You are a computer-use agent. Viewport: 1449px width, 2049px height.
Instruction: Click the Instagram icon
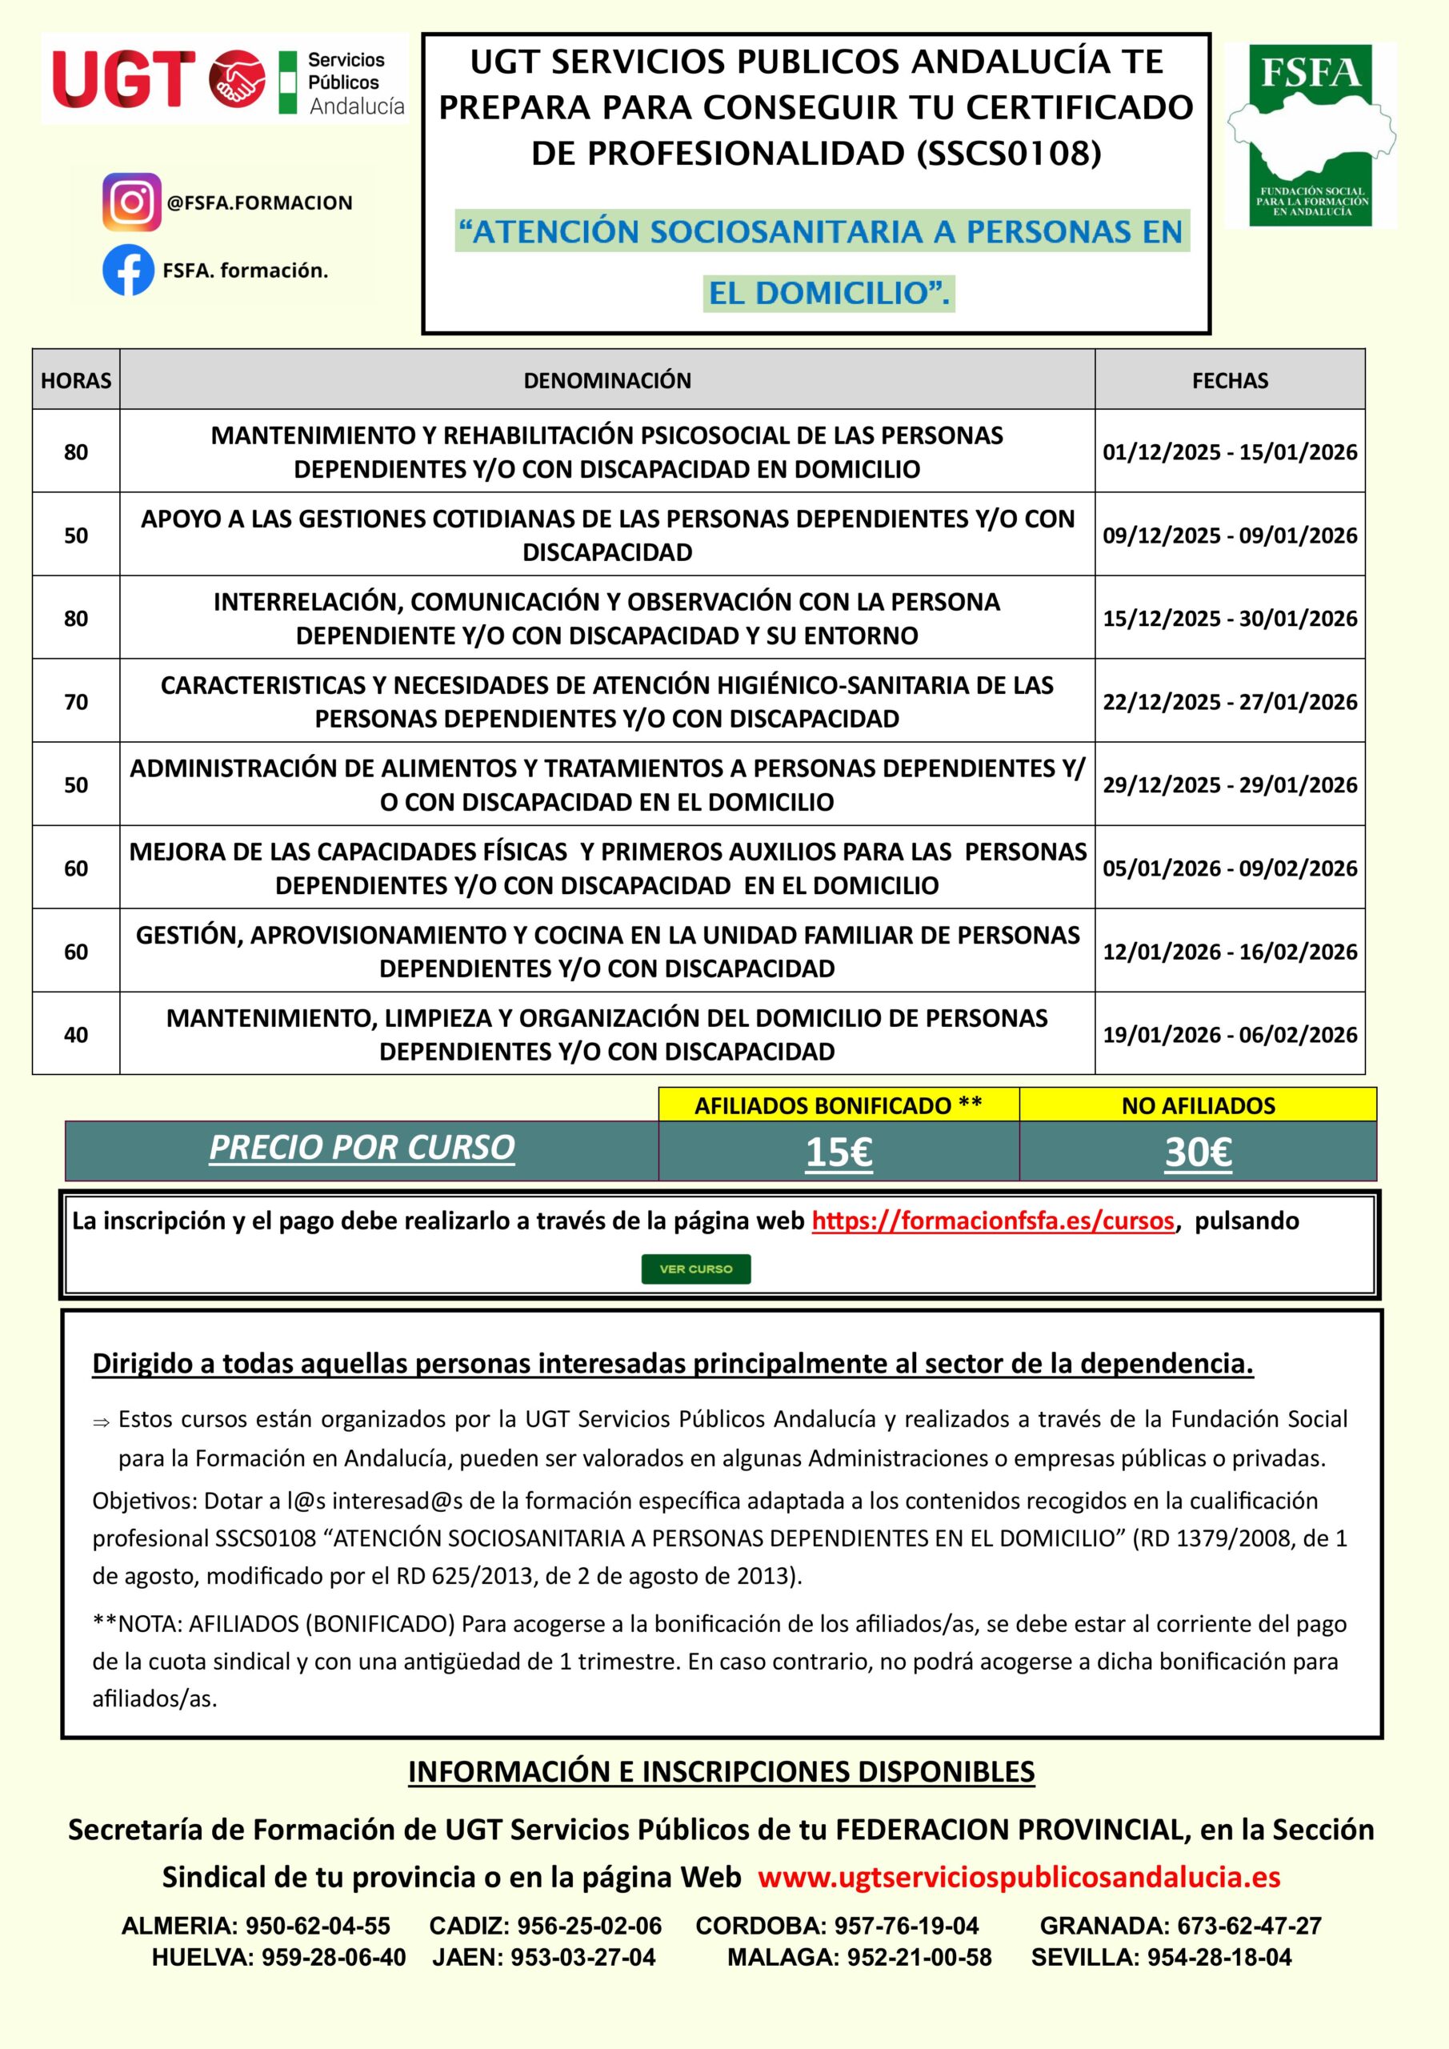(x=131, y=202)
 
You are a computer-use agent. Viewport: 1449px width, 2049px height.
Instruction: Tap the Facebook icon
(x=129, y=271)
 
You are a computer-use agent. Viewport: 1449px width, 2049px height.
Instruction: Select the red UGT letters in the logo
(x=124, y=78)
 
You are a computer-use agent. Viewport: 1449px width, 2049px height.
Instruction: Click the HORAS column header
(x=76, y=380)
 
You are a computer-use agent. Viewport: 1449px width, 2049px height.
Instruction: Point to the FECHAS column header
(x=1230, y=380)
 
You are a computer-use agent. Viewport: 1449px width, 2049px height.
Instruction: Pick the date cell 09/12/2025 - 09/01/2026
(x=1230, y=535)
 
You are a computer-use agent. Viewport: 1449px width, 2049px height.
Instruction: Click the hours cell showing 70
(x=76, y=701)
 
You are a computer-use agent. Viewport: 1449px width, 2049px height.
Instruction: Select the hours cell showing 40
(x=76, y=1034)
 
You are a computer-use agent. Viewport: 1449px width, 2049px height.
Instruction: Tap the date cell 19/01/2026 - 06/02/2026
(x=1230, y=1034)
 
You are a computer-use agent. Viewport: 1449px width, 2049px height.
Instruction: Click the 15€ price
(x=839, y=1152)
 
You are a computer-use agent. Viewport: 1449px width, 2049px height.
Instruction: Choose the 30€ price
(x=1198, y=1152)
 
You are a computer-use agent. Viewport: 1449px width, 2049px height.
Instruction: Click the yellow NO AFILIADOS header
(x=1198, y=1105)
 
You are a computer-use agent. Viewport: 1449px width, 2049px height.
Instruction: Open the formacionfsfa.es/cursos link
(x=992, y=1221)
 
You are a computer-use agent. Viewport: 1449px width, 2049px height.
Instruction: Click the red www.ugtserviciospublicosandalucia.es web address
(x=1019, y=1877)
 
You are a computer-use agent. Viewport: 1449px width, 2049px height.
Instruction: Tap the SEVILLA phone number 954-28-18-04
(x=1219, y=1957)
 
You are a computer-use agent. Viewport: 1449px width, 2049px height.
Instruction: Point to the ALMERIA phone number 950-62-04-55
(x=318, y=1925)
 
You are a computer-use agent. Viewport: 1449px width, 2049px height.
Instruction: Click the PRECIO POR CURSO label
(x=362, y=1148)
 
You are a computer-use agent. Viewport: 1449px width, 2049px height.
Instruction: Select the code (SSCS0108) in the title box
(x=1008, y=154)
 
